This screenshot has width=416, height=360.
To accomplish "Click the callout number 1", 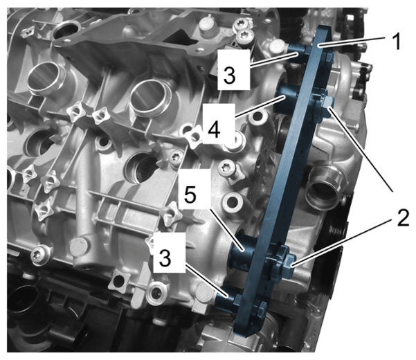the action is [397, 41].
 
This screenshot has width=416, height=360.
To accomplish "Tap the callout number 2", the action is [403, 219].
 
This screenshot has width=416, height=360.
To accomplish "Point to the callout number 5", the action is [190, 195].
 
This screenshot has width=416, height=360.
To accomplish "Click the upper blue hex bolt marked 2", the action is [327, 104].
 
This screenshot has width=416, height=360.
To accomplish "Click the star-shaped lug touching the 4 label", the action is [195, 135].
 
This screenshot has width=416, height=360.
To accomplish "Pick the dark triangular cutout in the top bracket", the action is [183, 39].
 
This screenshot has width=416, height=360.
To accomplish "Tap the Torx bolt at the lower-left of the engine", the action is [39, 254].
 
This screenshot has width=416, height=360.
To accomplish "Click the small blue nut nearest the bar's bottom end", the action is [262, 309].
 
